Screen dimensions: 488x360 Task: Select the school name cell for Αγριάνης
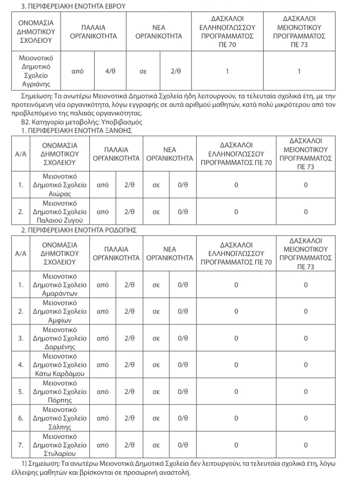pyautogui.click(x=36, y=71)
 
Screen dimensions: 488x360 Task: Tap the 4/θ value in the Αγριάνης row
pyautogui.click(x=110, y=71)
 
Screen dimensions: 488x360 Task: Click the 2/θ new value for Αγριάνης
pyautogui.click(x=176, y=71)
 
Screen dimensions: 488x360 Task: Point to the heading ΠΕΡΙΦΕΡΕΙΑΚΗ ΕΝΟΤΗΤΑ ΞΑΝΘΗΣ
pyautogui.click(x=71, y=131)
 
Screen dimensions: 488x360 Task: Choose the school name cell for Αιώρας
pyautogui.click(x=60, y=185)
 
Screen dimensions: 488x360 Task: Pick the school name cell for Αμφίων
pyautogui.click(x=60, y=311)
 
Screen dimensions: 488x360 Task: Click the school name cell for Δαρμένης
pyautogui.click(x=60, y=338)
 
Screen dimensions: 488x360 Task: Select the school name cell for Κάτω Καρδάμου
pyautogui.click(x=60, y=365)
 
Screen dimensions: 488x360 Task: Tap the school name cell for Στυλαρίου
pyautogui.click(x=60, y=445)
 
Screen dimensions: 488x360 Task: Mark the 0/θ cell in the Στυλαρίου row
pyautogui.click(x=183, y=445)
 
